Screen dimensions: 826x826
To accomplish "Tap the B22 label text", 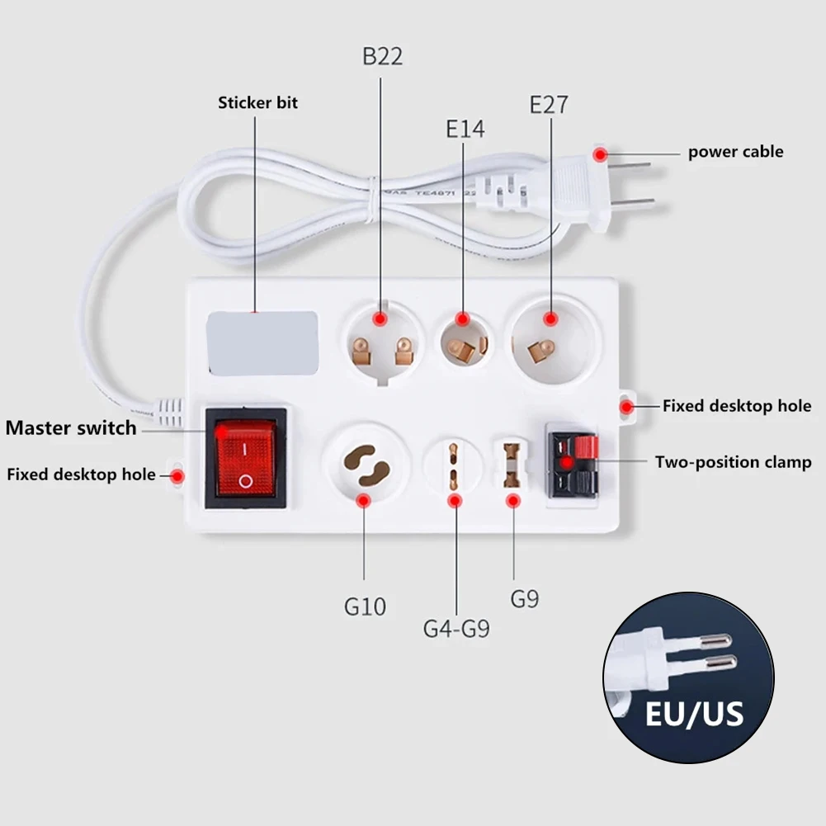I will [383, 57].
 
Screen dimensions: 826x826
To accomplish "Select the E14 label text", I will [465, 129].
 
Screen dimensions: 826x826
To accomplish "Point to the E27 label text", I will [549, 105].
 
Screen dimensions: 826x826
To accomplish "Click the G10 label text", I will [365, 607].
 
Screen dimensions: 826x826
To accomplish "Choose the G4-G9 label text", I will [456, 629].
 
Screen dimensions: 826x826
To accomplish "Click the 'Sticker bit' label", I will [257, 103].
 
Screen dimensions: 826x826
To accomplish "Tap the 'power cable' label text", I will [736, 152].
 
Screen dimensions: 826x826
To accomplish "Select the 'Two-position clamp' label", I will [734, 462].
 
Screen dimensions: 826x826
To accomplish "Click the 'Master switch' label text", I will [71, 428].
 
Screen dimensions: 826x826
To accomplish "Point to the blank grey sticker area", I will [261, 342].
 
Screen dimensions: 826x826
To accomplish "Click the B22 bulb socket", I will [381, 342].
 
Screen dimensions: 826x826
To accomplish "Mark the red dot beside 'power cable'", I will [602, 153].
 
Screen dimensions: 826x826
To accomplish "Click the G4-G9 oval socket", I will [453, 466].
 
